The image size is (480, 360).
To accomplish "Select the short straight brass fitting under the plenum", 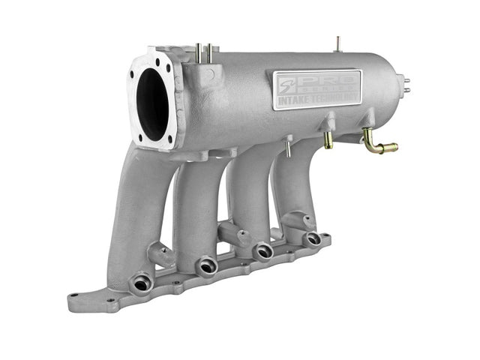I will (328, 140).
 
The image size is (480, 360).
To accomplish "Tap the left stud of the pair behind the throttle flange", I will (198, 52).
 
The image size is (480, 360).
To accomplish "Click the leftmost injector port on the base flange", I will (140, 283).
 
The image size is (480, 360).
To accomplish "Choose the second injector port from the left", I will (206, 265).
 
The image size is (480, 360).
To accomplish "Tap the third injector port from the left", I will (262, 252).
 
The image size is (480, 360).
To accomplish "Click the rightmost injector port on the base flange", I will (312, 239).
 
